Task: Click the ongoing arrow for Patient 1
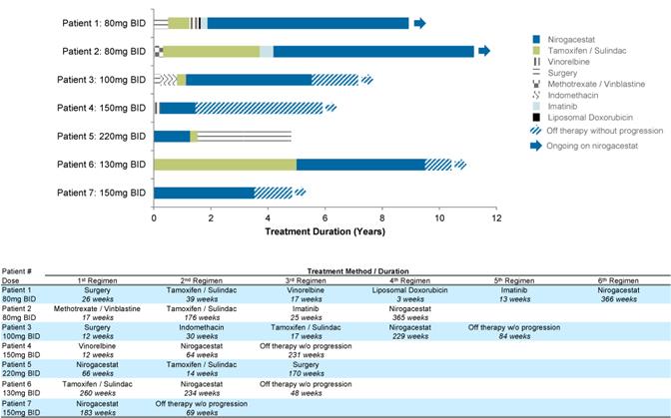pos(419,23)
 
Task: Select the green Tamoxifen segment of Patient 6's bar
pos(225,164)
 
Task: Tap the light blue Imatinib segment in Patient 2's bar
pos(267,51)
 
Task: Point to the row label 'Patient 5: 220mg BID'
pos(101,136)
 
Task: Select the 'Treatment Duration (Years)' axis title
pos(325,231)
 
